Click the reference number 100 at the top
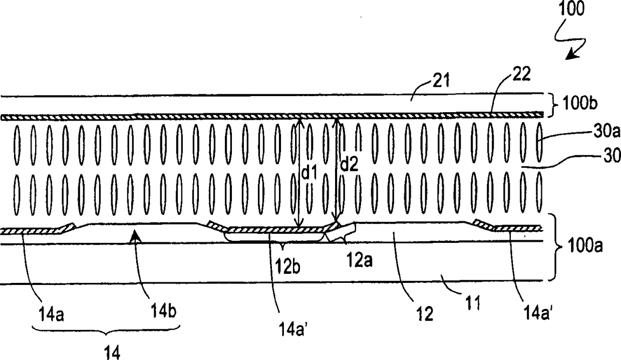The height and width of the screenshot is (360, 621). pos(570,10)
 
